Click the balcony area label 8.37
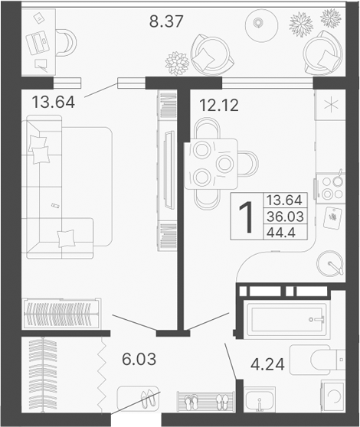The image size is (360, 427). [165, 21]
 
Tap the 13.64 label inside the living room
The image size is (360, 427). [54, 99]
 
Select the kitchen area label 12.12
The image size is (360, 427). [218, 106]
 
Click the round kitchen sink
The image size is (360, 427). [332, 264]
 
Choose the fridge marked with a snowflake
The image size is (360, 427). [333, 105]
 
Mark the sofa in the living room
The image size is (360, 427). [57, 187]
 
